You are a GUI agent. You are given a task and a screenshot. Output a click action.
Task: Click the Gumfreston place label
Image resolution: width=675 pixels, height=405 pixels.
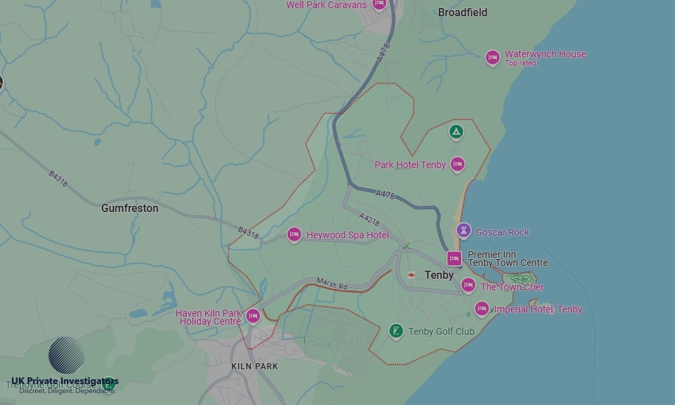tap(130, 208)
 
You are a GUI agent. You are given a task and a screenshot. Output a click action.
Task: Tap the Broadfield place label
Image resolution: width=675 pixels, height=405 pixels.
tap(462, 12)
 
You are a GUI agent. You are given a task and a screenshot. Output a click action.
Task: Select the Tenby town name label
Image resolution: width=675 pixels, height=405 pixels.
tap(439, 275)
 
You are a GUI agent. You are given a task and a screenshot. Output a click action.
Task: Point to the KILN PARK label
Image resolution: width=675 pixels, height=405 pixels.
tap(254, 366)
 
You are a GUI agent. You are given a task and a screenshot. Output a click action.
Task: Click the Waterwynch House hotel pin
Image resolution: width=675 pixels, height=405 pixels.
tap(493, 57)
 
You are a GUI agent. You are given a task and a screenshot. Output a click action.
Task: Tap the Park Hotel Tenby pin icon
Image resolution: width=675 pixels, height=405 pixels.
tap(458, 164)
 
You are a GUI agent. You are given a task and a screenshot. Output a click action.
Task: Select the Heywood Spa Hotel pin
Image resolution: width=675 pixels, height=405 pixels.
tap(294, 234)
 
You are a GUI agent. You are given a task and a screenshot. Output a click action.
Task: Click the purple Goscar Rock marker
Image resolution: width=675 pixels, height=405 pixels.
tap(463, 231)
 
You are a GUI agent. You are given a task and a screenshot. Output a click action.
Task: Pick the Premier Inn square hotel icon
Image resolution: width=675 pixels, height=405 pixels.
tap(454, 259)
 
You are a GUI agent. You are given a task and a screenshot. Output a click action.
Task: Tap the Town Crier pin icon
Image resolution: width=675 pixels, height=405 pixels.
tap(468, 285)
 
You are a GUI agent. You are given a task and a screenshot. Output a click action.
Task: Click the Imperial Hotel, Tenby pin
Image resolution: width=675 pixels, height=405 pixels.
tap(481, 308)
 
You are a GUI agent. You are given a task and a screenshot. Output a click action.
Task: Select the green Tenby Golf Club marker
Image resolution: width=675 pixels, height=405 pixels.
tap(396, 331)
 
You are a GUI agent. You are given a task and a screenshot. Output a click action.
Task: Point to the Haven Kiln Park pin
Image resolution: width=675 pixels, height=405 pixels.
tap(252, 315)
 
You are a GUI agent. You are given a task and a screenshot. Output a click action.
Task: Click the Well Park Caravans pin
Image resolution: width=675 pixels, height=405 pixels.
tap(379, 4)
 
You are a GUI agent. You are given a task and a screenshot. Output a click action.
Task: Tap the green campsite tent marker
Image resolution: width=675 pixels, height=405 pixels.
tap(456, 132)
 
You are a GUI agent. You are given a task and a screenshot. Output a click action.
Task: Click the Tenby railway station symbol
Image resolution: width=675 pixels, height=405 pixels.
tap(411, 275)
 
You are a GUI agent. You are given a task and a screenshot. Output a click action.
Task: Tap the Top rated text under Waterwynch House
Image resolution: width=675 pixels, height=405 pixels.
tap(520, 63)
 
